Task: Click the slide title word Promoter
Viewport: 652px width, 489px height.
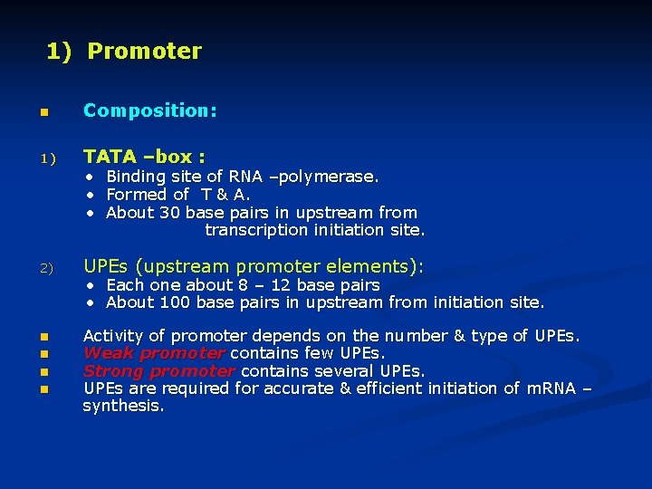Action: point(144,52)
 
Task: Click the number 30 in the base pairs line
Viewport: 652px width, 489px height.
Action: point(170,213)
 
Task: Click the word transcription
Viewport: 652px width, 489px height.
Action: point(256,230)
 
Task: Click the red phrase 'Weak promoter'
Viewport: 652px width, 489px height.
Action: point(154,353)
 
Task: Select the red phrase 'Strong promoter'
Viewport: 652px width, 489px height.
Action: point(159,371)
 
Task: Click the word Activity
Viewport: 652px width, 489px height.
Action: point(115,336)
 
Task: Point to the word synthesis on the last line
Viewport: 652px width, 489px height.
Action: point(123,407)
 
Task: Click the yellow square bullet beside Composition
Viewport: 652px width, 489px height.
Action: point(42,112)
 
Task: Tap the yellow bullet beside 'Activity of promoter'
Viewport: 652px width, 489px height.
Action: point(42,338)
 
